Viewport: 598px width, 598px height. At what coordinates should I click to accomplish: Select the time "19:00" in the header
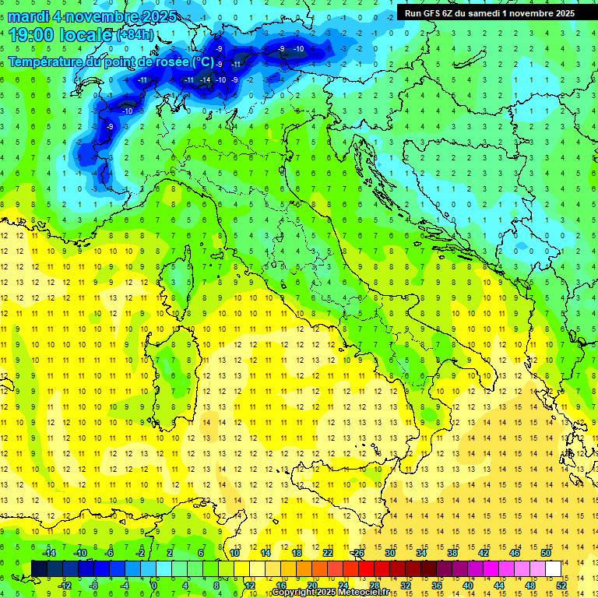coord(31,34)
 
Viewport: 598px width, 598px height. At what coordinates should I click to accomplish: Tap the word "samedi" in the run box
coord(481,12)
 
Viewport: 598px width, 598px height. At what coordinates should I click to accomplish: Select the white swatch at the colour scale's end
coord(553,568)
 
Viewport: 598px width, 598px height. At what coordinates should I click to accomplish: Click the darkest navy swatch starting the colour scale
coord(39,568)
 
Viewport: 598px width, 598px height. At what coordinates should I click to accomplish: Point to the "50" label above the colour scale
coord(545,553)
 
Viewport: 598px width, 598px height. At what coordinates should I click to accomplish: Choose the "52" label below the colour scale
coord(561,585)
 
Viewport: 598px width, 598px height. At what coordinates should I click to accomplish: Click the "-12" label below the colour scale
coord(65,585)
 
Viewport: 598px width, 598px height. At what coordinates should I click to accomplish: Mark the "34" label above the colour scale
coord(421,553)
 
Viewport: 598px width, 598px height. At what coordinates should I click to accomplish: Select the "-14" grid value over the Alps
coord(206,79)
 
